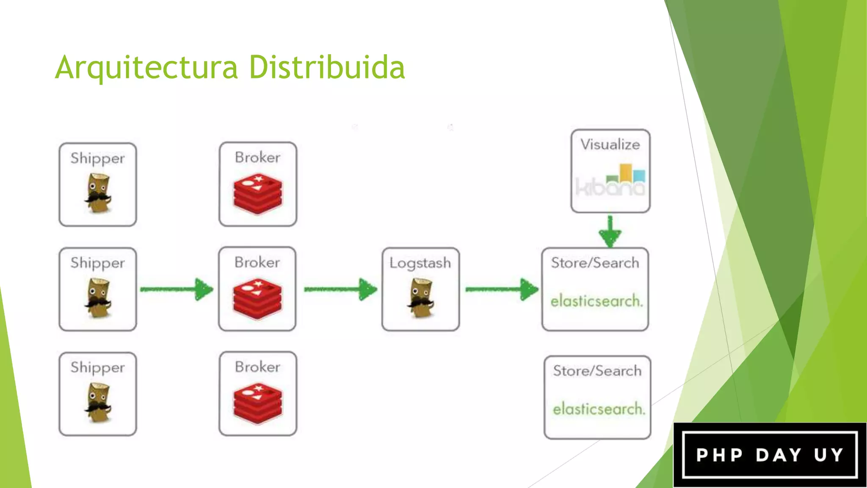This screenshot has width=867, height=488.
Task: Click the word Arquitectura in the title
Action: (x=146, y=68)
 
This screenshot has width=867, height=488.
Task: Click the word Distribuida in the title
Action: (x=327, y=68)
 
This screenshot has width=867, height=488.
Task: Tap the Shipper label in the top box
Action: (x=97, y=158)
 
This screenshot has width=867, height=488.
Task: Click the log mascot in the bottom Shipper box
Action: (x=98, y=402)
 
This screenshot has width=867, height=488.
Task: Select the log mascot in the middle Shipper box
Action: (x=98, y=298)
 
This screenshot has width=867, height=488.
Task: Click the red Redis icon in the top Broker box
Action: (x=257, y=193)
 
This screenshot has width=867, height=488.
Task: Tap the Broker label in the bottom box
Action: (x=257, y=367)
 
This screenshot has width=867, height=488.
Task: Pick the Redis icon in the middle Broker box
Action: (x=257, y=298)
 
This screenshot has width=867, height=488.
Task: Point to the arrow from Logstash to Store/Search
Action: (x=502, y=289)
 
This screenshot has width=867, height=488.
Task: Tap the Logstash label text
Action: (x=420, y=263)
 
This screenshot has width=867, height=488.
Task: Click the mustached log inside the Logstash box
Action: (x=421, y=298)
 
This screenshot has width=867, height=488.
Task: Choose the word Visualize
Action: (x=610, y=144)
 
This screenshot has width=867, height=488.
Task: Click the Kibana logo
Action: (x=610, y=180)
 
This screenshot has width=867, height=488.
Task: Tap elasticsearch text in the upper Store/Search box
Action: (x=596, y=301)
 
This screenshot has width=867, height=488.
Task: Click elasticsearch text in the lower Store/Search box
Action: (x=599, y=409)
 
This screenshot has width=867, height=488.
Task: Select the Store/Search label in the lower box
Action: (x=597, y=371)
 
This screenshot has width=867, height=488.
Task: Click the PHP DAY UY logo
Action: (x=770, y=455)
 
